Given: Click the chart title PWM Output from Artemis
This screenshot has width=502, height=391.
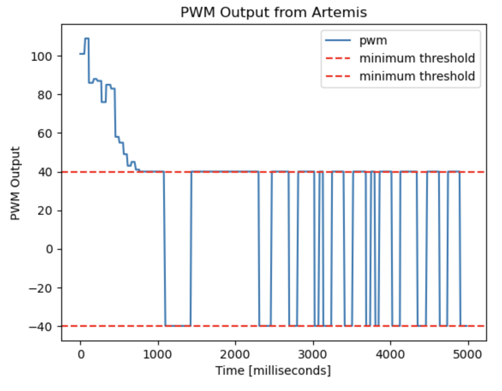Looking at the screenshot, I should pyautogui.click(x=273, y=12).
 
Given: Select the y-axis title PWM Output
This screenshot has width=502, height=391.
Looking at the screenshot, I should pyautogui.click(x=15, y=184).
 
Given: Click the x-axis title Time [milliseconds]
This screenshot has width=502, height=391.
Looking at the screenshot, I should pyautogui.click(x=273, y=370).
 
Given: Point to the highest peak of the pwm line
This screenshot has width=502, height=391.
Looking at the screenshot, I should pyautogui.click(x=87, y=39).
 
